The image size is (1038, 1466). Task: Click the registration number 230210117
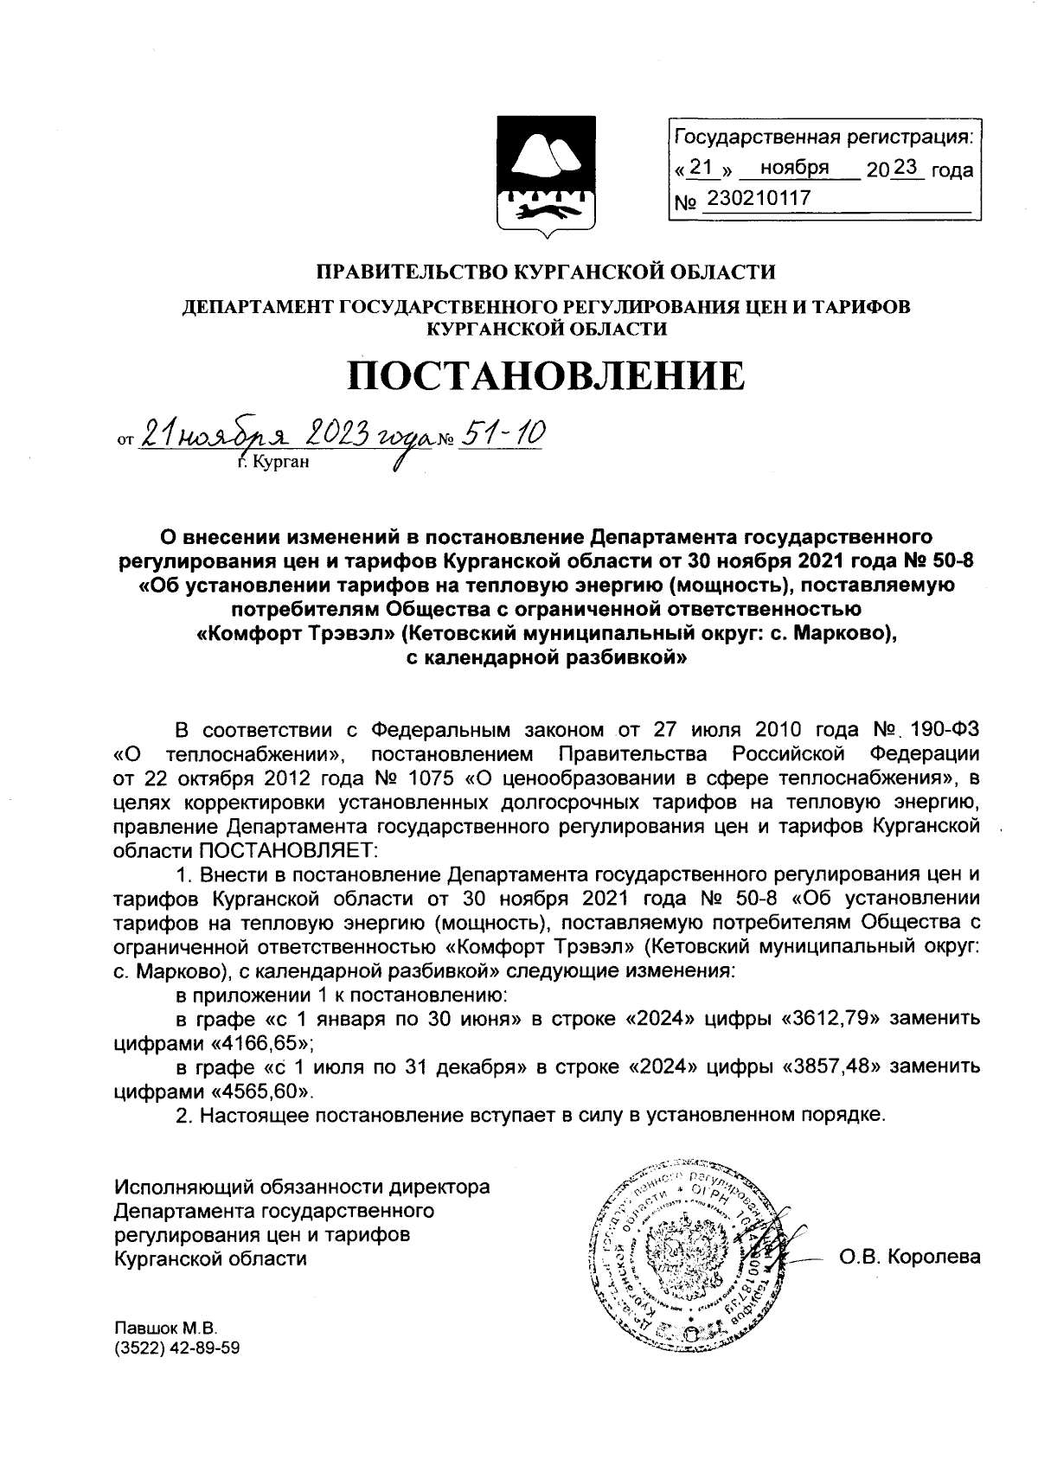tap(759, 199)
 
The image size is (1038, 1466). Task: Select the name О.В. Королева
tap(909, 1257)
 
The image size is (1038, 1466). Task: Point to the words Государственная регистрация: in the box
tap(822, 138)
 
